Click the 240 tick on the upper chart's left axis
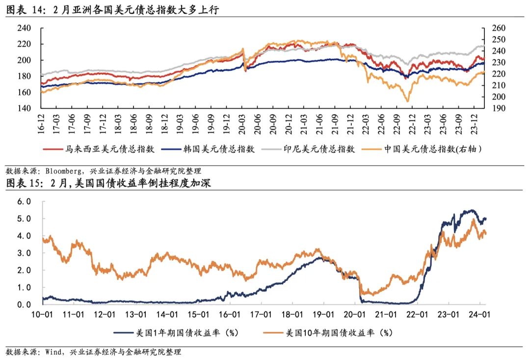[x=24, y=28]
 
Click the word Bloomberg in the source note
[x=64, y=171]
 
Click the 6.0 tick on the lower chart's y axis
[x=24, y=201]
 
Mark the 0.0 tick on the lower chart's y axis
[x=24, y=305]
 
